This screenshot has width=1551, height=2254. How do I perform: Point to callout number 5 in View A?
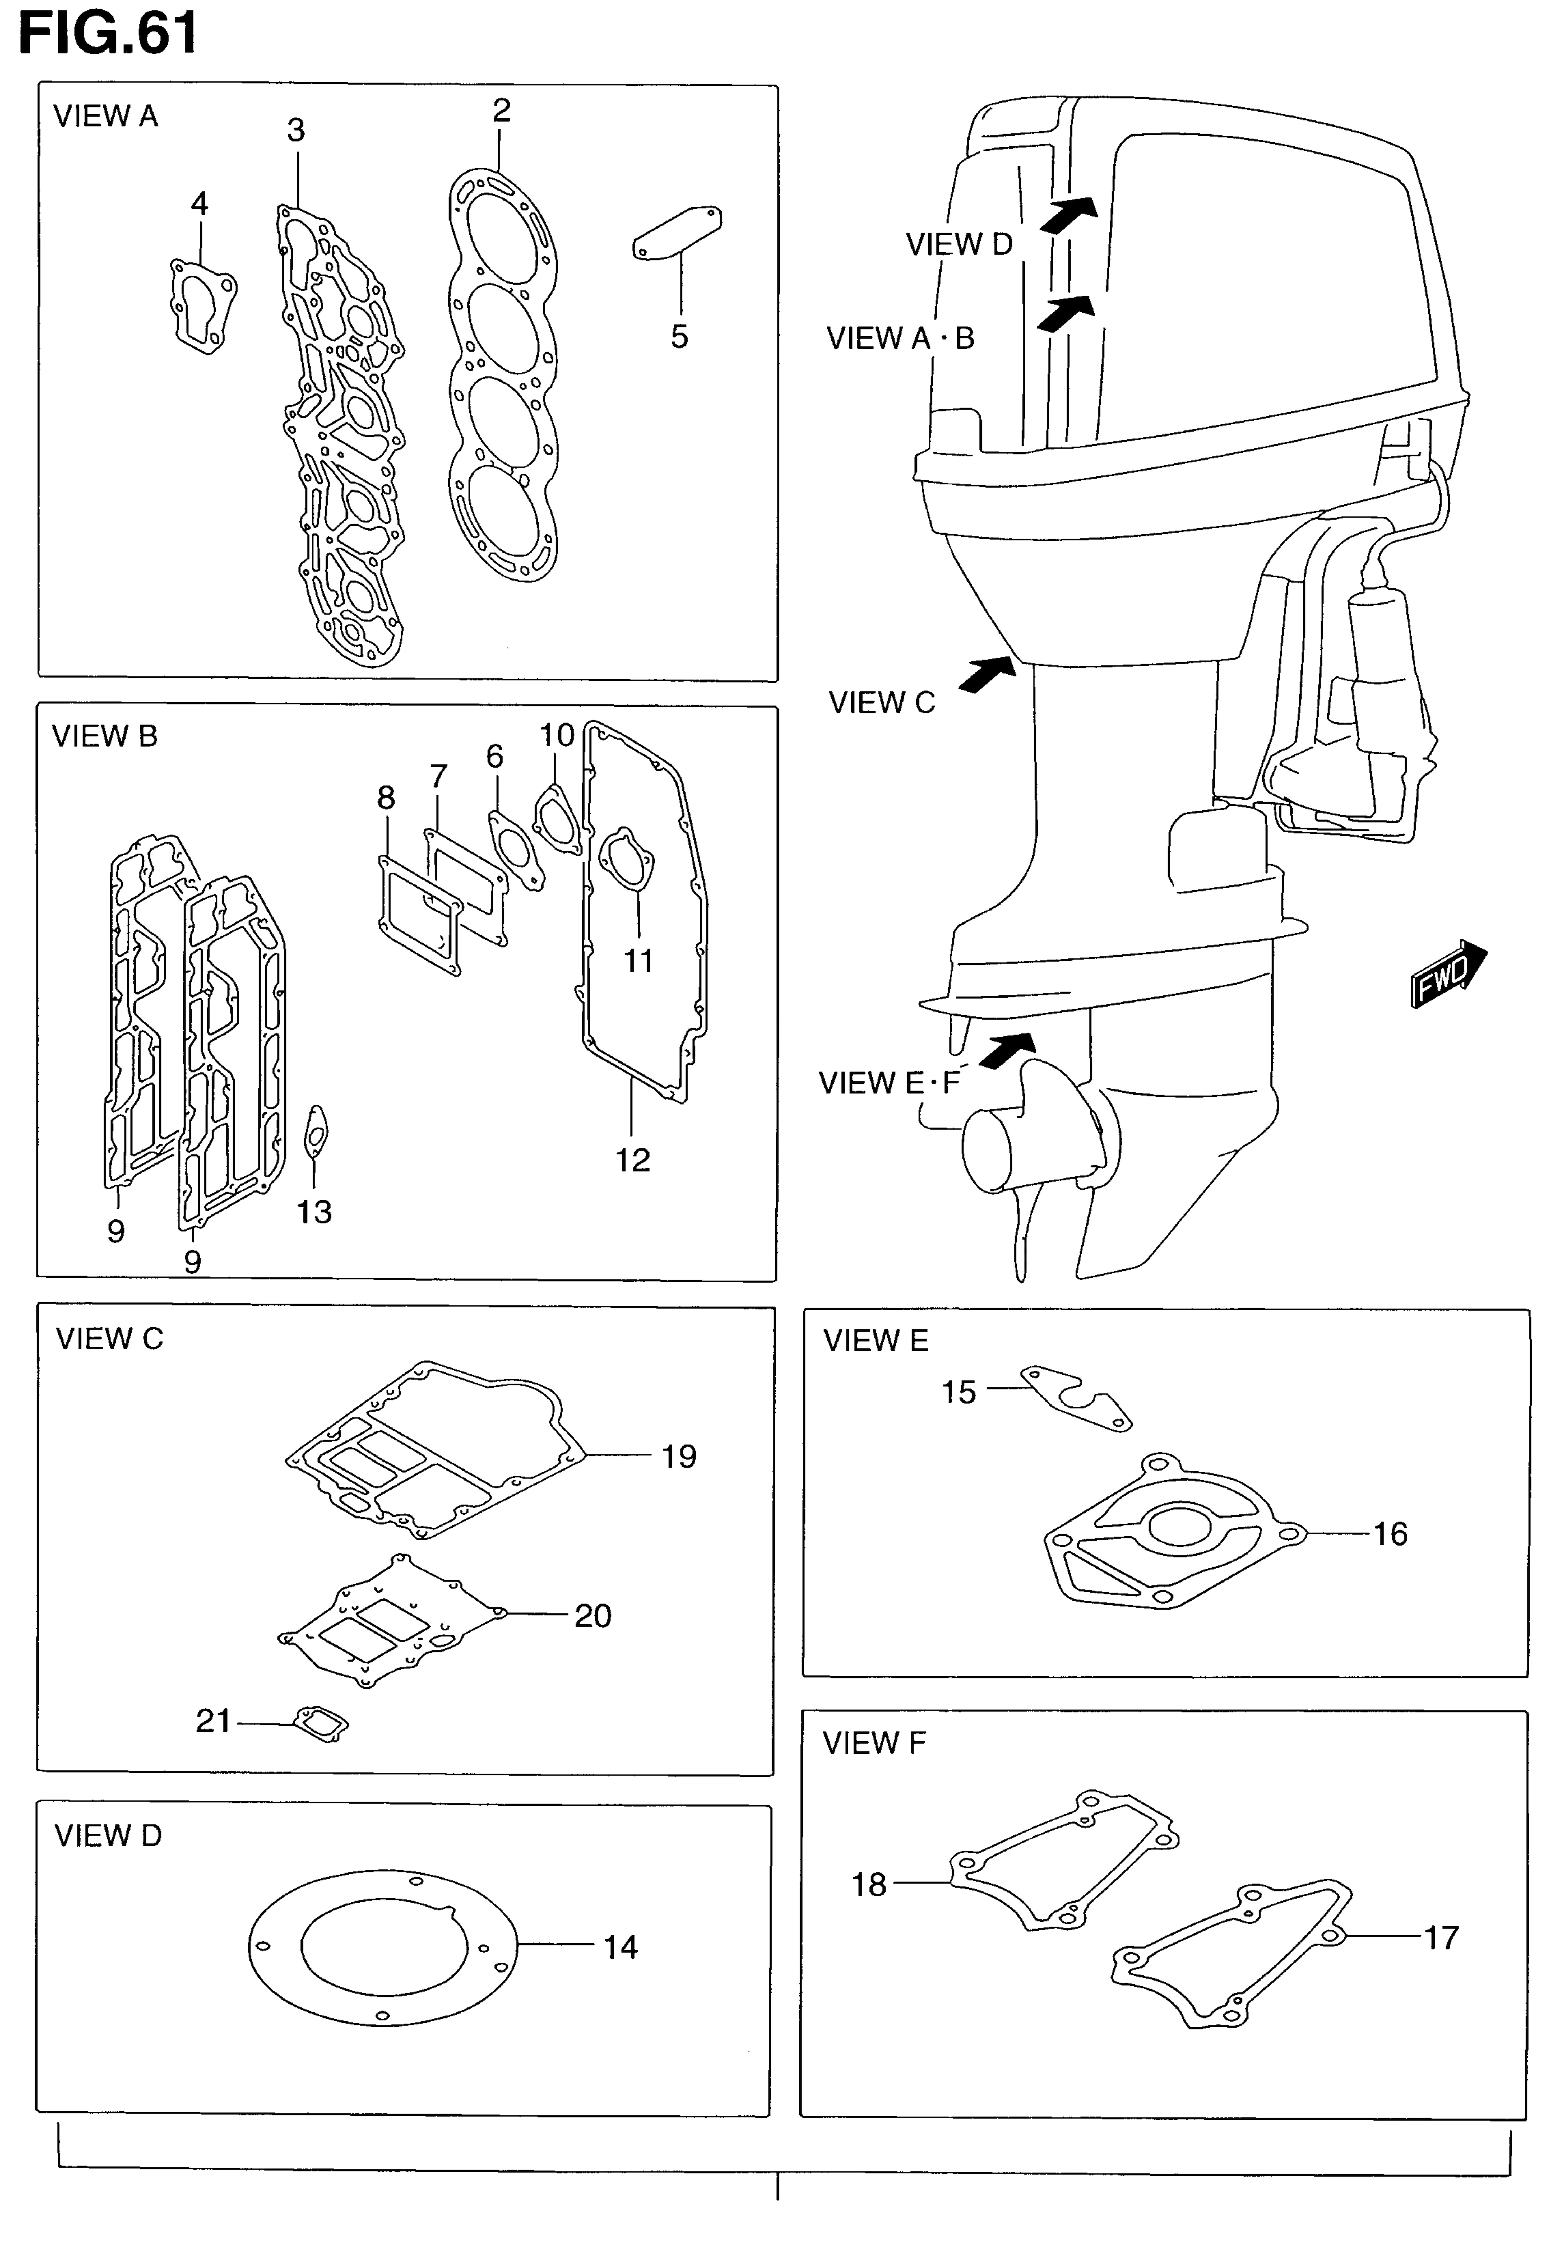(679, 337)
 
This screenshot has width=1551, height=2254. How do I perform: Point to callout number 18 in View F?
(869, 1885)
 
